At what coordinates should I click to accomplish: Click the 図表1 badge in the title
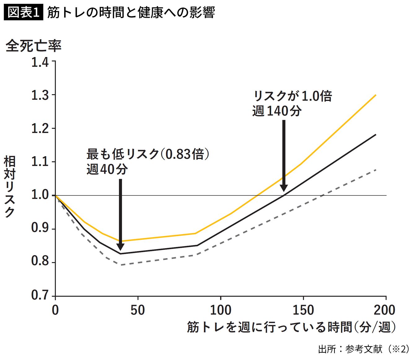pos(23,12)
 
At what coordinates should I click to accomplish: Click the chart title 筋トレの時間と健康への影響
pos(131,12)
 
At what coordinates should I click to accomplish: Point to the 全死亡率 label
pos(33,46)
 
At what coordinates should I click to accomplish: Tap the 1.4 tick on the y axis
pos(40,62)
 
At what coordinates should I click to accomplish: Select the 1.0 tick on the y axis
pos(40,195)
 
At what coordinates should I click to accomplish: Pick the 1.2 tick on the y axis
pos(40,129)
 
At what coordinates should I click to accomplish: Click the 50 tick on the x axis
pos(138,310)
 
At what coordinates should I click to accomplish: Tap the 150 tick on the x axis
pos(303,310)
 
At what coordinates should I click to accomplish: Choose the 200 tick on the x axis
pos(385,310)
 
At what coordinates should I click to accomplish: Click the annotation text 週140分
pos(277,111)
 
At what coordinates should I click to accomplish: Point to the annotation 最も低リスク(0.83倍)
pos(148,154)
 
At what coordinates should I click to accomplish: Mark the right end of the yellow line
pos(376,95)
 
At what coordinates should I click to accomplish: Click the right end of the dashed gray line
pos(376,170)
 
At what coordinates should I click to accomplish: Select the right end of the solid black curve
pos(376,134)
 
